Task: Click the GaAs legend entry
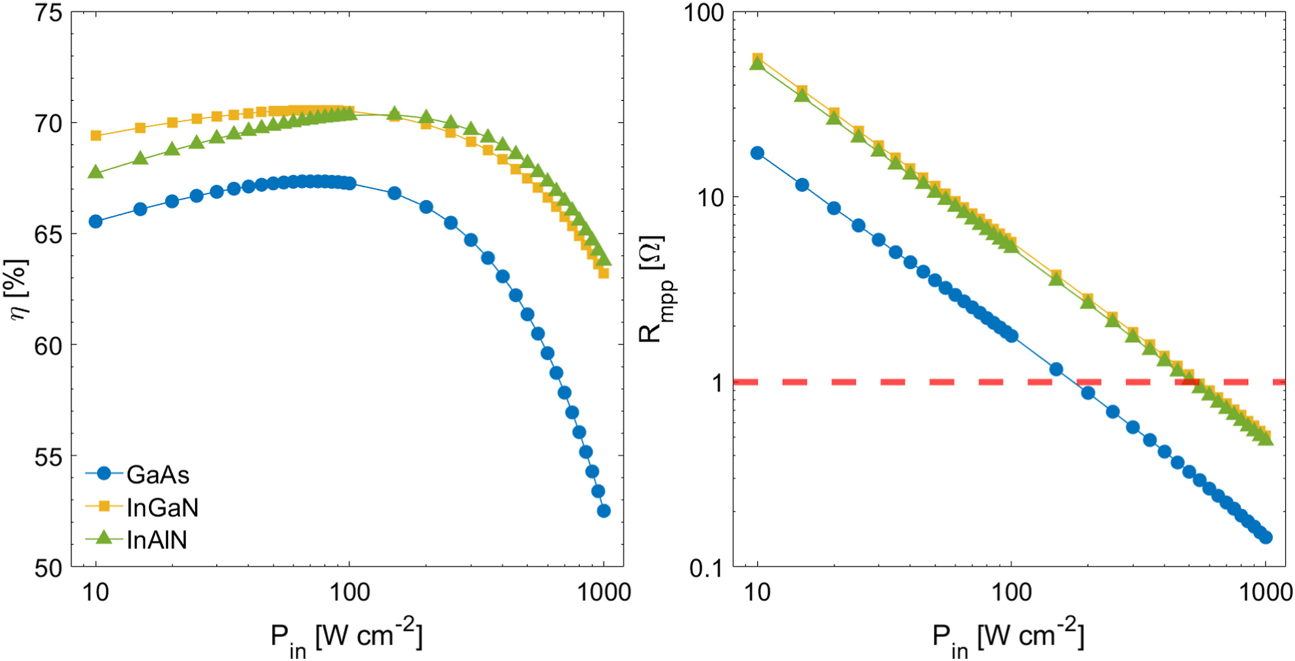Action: tap(157, 475)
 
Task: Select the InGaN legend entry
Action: tap(162, 508)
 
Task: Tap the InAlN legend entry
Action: tap(156, 540)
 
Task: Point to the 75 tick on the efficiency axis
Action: tap(48, 13)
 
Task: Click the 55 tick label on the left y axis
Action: tap(48, 457)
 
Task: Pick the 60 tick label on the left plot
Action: tap(48, 346)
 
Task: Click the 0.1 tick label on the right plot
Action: tap(706, 568)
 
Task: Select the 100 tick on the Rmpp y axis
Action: tap(703, 13)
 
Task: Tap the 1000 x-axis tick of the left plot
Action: tap(604, 592)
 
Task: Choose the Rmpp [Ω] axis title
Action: tap(654, 289)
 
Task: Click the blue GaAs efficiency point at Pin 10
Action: tap(96, 222)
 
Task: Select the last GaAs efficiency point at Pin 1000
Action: tap(604, 511)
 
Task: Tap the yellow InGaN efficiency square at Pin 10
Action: tap(96, 135)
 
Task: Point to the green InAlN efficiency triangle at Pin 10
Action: tap(96, 172)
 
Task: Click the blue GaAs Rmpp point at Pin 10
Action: tap(757, 153)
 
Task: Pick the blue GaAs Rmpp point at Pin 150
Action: tap(1056, 370)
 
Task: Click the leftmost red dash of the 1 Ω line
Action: tap(745, 382)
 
